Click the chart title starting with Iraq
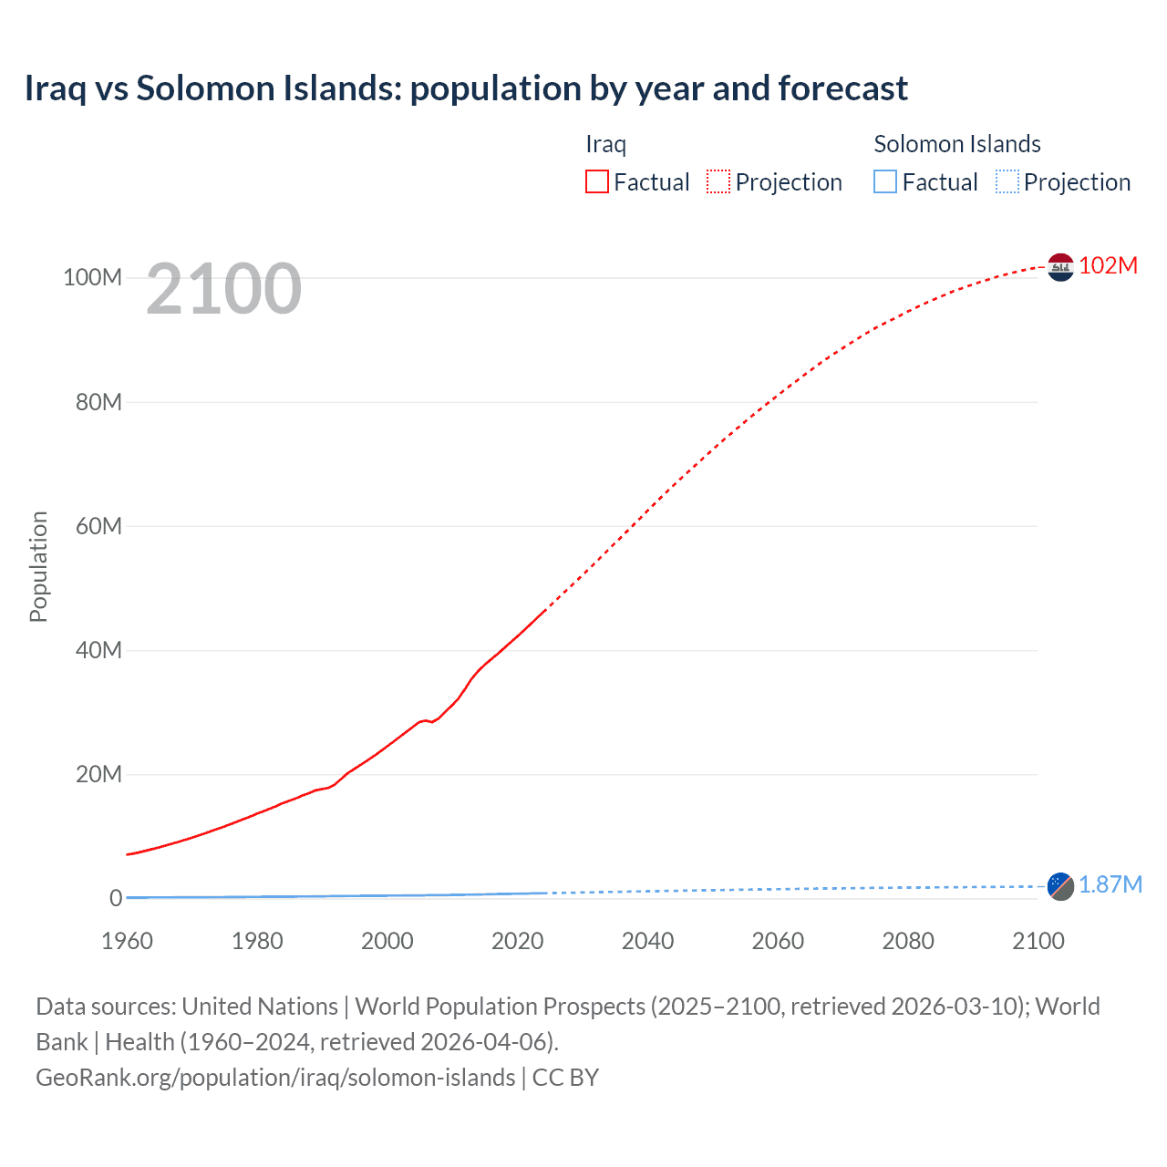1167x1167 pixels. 466,88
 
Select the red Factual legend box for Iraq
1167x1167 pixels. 596,181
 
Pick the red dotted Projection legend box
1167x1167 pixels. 718,181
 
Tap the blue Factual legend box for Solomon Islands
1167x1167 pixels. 884,181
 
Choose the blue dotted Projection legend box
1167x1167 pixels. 1007,181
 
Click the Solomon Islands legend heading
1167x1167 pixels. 956,144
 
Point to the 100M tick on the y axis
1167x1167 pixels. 92,277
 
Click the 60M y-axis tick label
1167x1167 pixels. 97,526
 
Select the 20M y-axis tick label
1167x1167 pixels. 98,774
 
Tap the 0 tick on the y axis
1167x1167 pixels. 115,898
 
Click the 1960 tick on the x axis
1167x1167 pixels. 127,941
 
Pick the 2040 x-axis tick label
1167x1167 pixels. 647,941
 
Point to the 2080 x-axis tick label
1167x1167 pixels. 908,941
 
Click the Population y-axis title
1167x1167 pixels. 38,566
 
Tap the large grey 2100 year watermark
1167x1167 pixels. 223,289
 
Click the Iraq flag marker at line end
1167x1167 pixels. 1060,266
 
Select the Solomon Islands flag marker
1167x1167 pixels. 1060,885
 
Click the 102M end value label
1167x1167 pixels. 1108,265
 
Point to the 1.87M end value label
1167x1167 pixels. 1110,884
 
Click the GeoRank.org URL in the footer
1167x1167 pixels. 275,1077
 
